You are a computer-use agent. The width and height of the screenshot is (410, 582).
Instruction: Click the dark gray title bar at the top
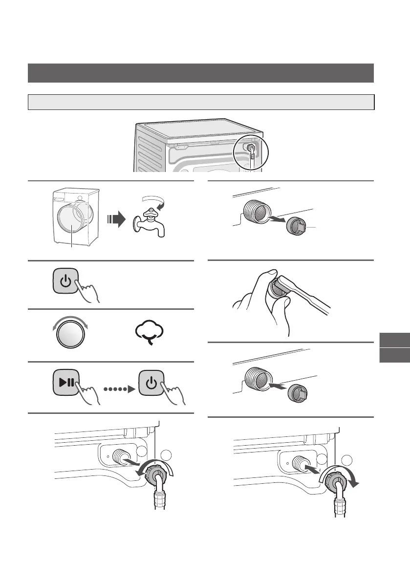[201, 73]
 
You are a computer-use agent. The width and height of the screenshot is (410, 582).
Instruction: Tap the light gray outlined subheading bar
[201, 102]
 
